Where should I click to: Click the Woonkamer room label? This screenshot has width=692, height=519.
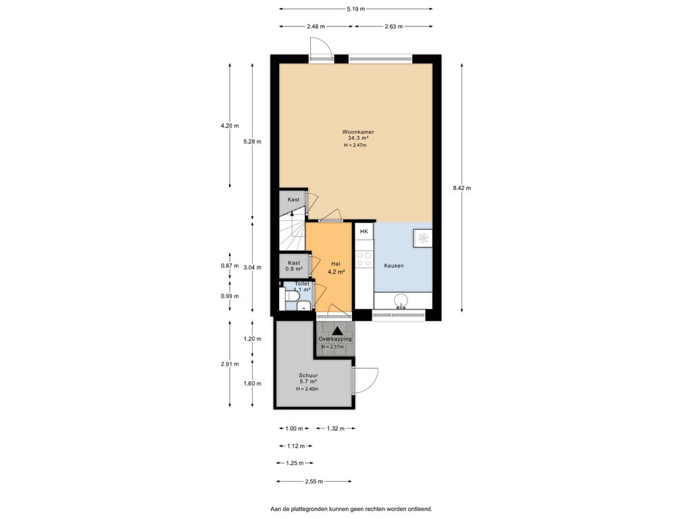pyautogui.click(x=358, y=132)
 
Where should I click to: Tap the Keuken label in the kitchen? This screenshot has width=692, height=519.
pyautogui.click(x=394, y=266)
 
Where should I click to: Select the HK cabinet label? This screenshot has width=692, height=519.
pyautogui.click(x=364, y=231)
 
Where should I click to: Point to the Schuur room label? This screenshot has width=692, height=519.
pyautogui.click(x=308, y=375)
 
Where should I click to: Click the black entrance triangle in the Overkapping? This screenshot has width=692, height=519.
pyautogui.click(x=338, y=330)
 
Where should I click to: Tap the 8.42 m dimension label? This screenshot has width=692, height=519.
pyautogui.click(x=462, y=188)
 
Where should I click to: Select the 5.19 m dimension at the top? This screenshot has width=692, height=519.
pyautogui.click(x=355, y=8)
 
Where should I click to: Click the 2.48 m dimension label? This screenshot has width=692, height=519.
pyautogui.click(x=316, y=26)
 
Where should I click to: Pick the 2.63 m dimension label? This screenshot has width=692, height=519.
pyautogui.click(x=393, y=26)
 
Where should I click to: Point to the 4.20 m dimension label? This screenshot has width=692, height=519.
pyautogui.click(x=230, y=126)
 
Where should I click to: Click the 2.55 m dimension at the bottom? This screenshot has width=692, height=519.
pyautogui.click(x=314, y=481)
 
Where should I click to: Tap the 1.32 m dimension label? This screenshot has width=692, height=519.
pyautogui.click(x=335, y=428)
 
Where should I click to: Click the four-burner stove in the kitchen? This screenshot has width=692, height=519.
pyautogui.click(x=364, y=258)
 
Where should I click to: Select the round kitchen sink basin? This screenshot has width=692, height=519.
pyautogui.click(x=401, y=301)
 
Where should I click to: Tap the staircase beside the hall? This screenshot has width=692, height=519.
pyautogui.click(x=292, y=234)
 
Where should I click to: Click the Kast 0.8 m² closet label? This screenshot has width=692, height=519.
pyautogui.click(x=294, y=266)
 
